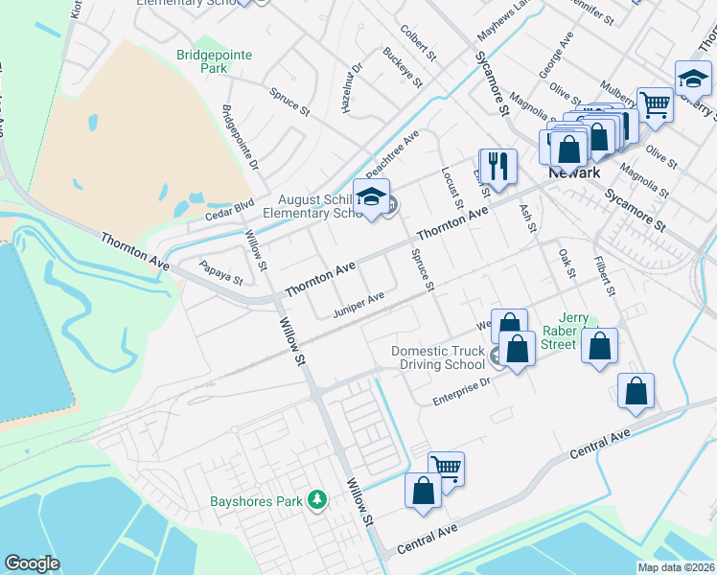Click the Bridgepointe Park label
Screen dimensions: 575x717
[x=214, y=61]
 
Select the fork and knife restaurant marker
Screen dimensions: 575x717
[x=497, y=165]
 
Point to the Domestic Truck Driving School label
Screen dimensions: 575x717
[x=438, y=357]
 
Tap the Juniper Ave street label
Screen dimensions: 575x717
[x=358, y=304]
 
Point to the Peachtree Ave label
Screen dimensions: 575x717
[x=394, y=151]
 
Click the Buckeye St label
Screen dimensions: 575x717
[x=403, y=67]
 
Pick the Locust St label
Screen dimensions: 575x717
[x=452, y=184]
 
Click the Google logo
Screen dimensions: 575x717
[x=32, y=563]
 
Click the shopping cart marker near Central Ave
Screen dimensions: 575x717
[x=446, y=468]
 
